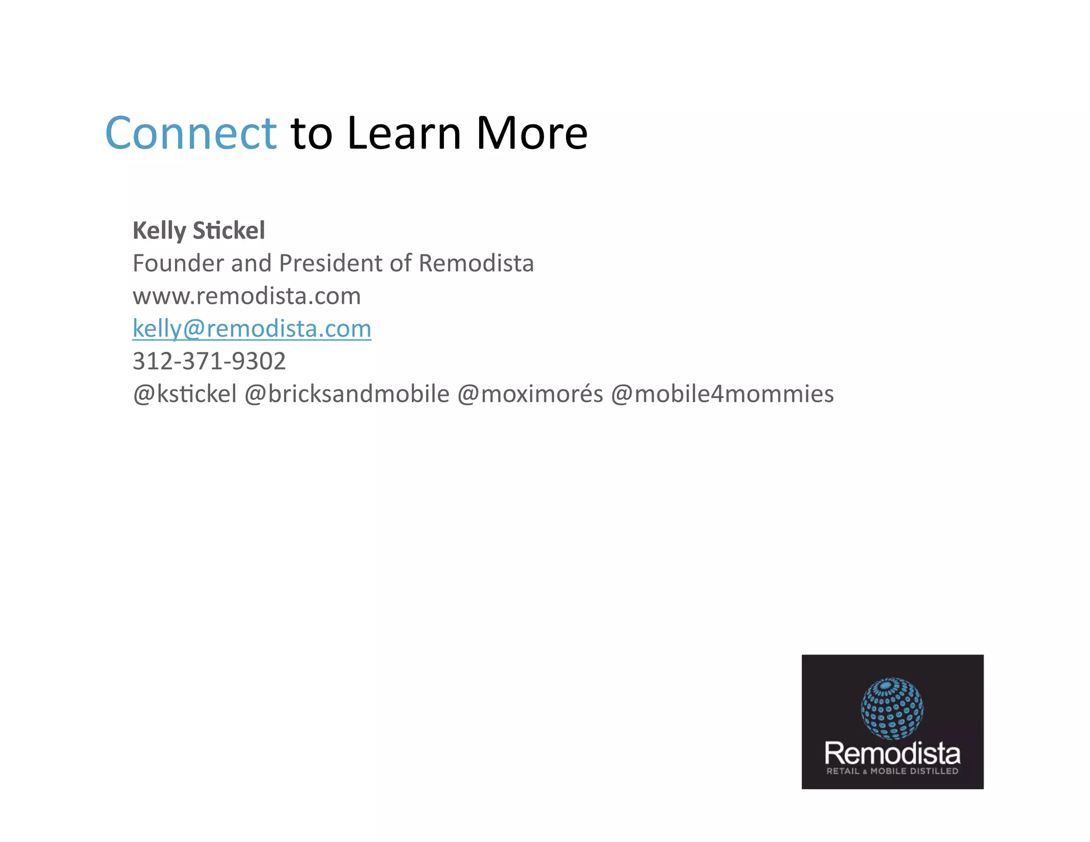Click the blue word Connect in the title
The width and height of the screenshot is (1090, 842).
191,133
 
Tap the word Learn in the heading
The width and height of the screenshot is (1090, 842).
404,133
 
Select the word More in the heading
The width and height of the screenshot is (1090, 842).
531,133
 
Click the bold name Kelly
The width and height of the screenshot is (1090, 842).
159,231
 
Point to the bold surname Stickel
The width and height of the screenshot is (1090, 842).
228,231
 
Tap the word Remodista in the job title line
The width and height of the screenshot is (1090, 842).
476,263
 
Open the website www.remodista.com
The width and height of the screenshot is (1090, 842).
246,296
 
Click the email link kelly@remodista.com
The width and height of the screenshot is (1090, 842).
252,328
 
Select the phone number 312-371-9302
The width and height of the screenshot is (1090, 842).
209,361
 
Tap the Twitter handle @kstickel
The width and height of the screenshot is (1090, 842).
185,394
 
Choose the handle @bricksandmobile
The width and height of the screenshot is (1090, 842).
346,394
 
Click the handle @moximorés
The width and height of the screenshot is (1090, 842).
530,394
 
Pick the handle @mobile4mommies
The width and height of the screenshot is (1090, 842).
722,394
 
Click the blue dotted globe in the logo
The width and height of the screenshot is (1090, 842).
892,708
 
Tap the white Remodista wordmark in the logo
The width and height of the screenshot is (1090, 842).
892,754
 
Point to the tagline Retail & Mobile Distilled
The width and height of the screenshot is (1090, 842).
892,771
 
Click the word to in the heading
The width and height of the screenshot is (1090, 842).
311,133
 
